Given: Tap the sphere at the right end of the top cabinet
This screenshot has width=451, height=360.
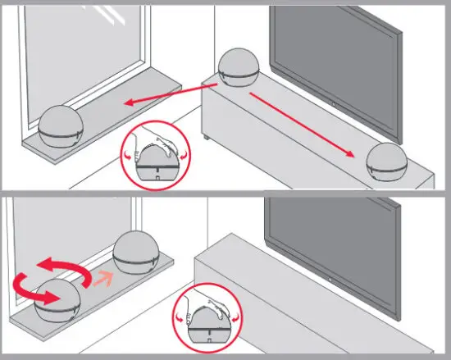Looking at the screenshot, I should (x=389, y=162).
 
